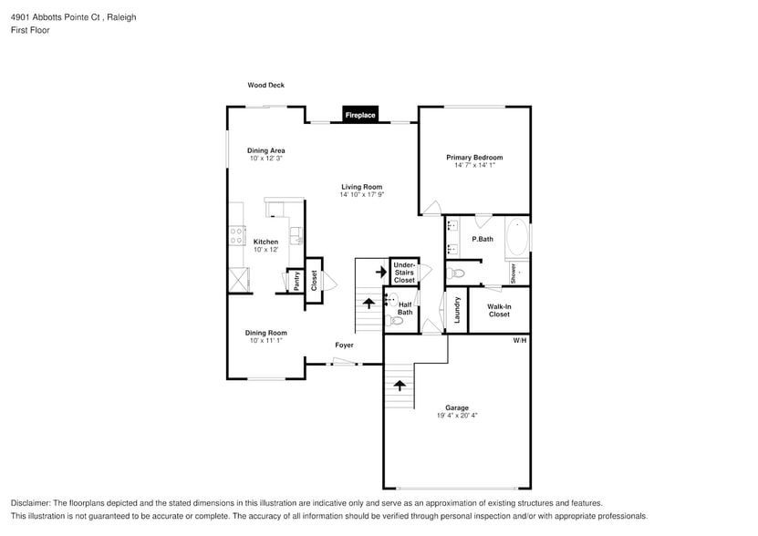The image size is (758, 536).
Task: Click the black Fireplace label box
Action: (x=359, y=115)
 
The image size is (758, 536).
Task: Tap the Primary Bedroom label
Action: (x=474, y=157)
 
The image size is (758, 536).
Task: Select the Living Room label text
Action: (x=362, y=187)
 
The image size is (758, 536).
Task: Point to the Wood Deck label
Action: (x=265, y=85)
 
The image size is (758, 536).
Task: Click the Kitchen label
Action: (x=265, y=242)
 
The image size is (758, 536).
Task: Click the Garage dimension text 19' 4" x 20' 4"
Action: (x=457, y=416)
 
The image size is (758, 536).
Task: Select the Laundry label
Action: (x=457, y=310)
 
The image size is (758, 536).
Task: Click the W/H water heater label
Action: (x=520, y=340)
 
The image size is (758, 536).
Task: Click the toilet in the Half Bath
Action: (x=396, y=320)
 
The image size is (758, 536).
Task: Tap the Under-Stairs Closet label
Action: (x=404, y=273)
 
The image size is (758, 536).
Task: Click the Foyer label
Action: (x=344, y=345)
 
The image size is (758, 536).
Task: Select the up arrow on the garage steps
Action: (x=399, y=385)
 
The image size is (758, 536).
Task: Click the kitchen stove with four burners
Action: (x=237, y=236)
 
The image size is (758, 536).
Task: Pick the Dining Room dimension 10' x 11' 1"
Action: (x=265, y=340)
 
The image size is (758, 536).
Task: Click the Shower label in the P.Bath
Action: (x=514, y=273)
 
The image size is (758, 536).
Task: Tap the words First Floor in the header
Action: (x=31, y=30)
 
